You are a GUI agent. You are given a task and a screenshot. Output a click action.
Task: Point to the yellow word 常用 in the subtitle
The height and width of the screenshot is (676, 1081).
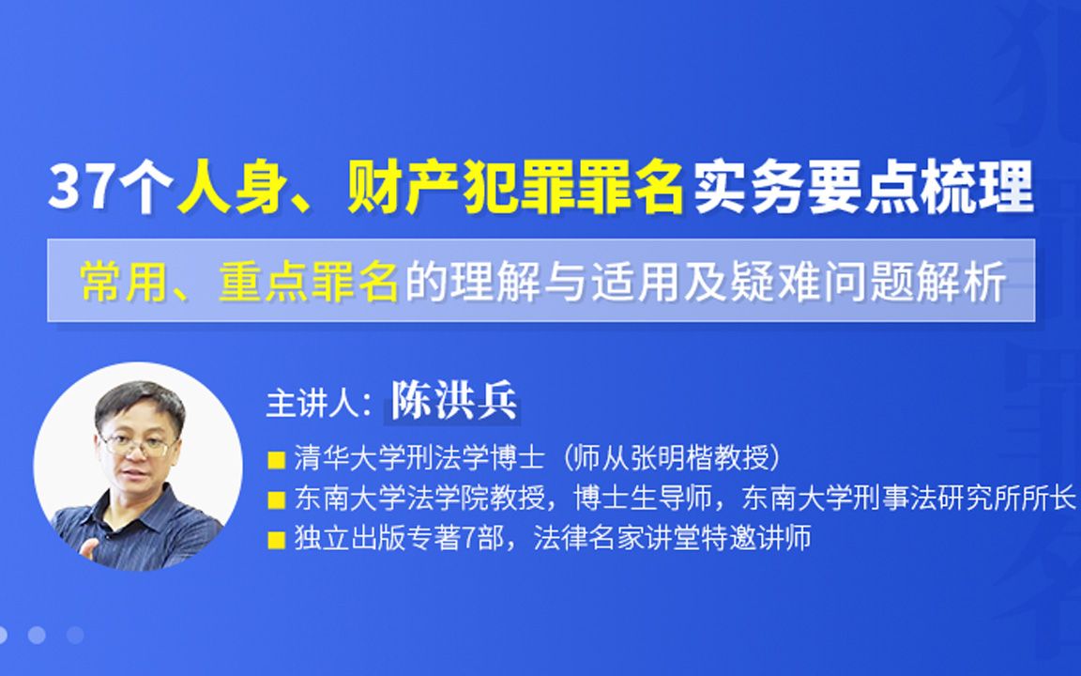[x=114, y=282]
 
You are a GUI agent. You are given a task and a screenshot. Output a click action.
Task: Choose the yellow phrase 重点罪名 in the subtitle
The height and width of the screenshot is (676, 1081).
[x=309, y=282]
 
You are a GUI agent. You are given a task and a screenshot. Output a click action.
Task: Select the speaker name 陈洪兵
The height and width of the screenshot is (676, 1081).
[x=454, y=402]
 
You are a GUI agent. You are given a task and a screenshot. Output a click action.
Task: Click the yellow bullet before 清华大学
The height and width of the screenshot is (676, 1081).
[x=277, y=460]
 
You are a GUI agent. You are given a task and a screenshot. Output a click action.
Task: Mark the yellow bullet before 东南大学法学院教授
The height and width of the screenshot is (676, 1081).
[x=277, y=499]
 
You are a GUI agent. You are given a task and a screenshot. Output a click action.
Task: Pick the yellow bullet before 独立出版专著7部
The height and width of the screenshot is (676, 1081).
[x=277, y=540]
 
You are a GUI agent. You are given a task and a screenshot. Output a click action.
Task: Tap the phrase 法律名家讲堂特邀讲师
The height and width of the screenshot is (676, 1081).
[x=672, y=539]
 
